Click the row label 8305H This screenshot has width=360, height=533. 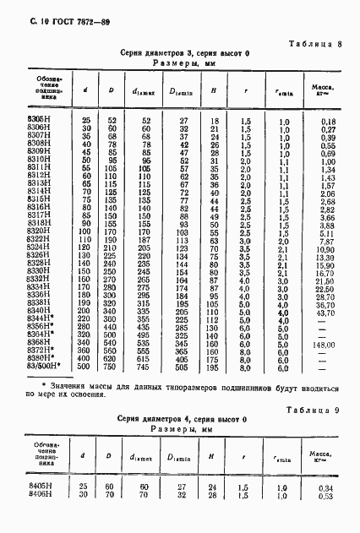pos(41,122)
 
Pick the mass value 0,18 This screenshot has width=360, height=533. pos(329,122)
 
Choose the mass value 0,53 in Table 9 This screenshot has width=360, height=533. pos(329,496)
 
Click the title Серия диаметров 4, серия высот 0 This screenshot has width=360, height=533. pos(180,419)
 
